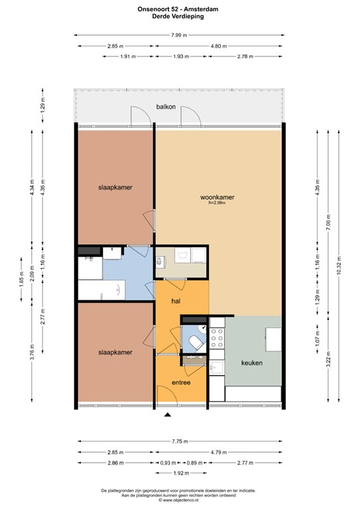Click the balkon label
pos(166,107)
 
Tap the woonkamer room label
pos(217,197)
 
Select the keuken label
pos(252,363)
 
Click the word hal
pos(176,302)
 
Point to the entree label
pos(181,382)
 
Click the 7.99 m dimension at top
pos(179,35)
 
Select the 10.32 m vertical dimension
pos(339,266)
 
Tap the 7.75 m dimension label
pos(180,441)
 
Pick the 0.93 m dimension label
pos(168,463)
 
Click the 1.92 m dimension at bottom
pos(181,473)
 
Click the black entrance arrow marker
pos(168,414)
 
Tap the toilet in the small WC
pos(197,343)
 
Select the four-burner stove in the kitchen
pos(217,338)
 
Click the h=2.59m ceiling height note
pos(217,203)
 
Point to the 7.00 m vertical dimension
pos(328,223)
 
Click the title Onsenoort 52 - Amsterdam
pos(178,9)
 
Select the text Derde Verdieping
pos(178,17)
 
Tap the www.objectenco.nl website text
pos(180,500)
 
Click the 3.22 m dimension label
pos(328,359)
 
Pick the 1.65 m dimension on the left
pos(21,280)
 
